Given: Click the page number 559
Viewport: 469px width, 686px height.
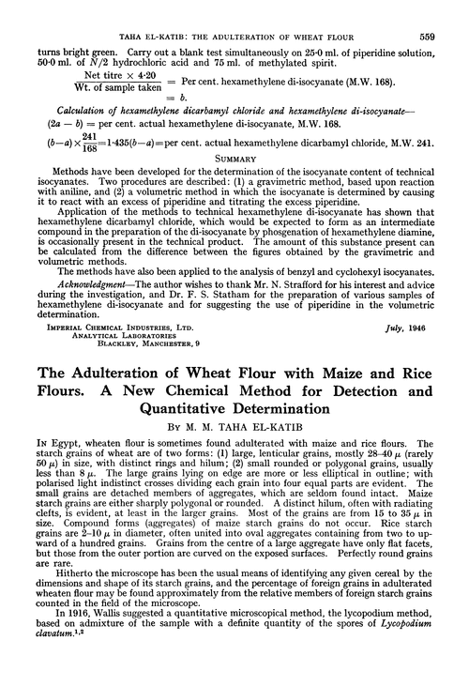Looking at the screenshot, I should point(447,11).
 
